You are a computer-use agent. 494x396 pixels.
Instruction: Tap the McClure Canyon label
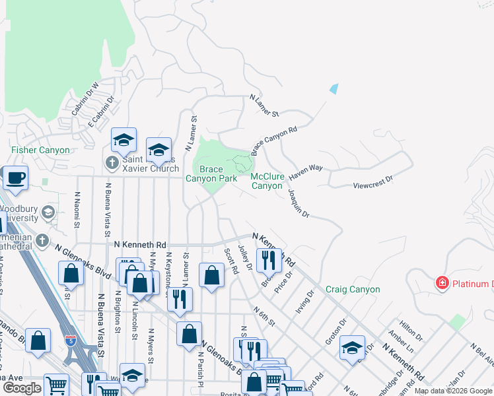pyautogui.click(x=276, y=181)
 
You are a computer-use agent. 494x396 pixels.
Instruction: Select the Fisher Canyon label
pyautogui.click(x=40, y=150)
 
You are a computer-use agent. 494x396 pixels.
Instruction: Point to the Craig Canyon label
pyautogui.click(x=353, y=290)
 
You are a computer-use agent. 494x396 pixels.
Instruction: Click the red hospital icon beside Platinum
pyautogui.click(x=442, y=283)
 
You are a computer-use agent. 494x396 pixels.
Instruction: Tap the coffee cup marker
pyautogui.click(x=15, y=178)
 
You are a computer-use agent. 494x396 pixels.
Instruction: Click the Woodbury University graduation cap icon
pyautogui.click(x=48, y=212)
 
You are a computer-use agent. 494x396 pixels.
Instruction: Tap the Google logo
pyautogui.click(x=22, y=388)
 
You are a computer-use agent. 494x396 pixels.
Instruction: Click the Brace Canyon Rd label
pyautogui.click(x=274, y=141)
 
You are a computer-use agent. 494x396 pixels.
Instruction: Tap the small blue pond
pyautogui.click(x=334, y=88)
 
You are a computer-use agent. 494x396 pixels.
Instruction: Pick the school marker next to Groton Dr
pyautogui.click(x=352, y=347)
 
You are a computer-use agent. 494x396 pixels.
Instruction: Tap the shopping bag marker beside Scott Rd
pyautogui.click(x=211, y=275)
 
